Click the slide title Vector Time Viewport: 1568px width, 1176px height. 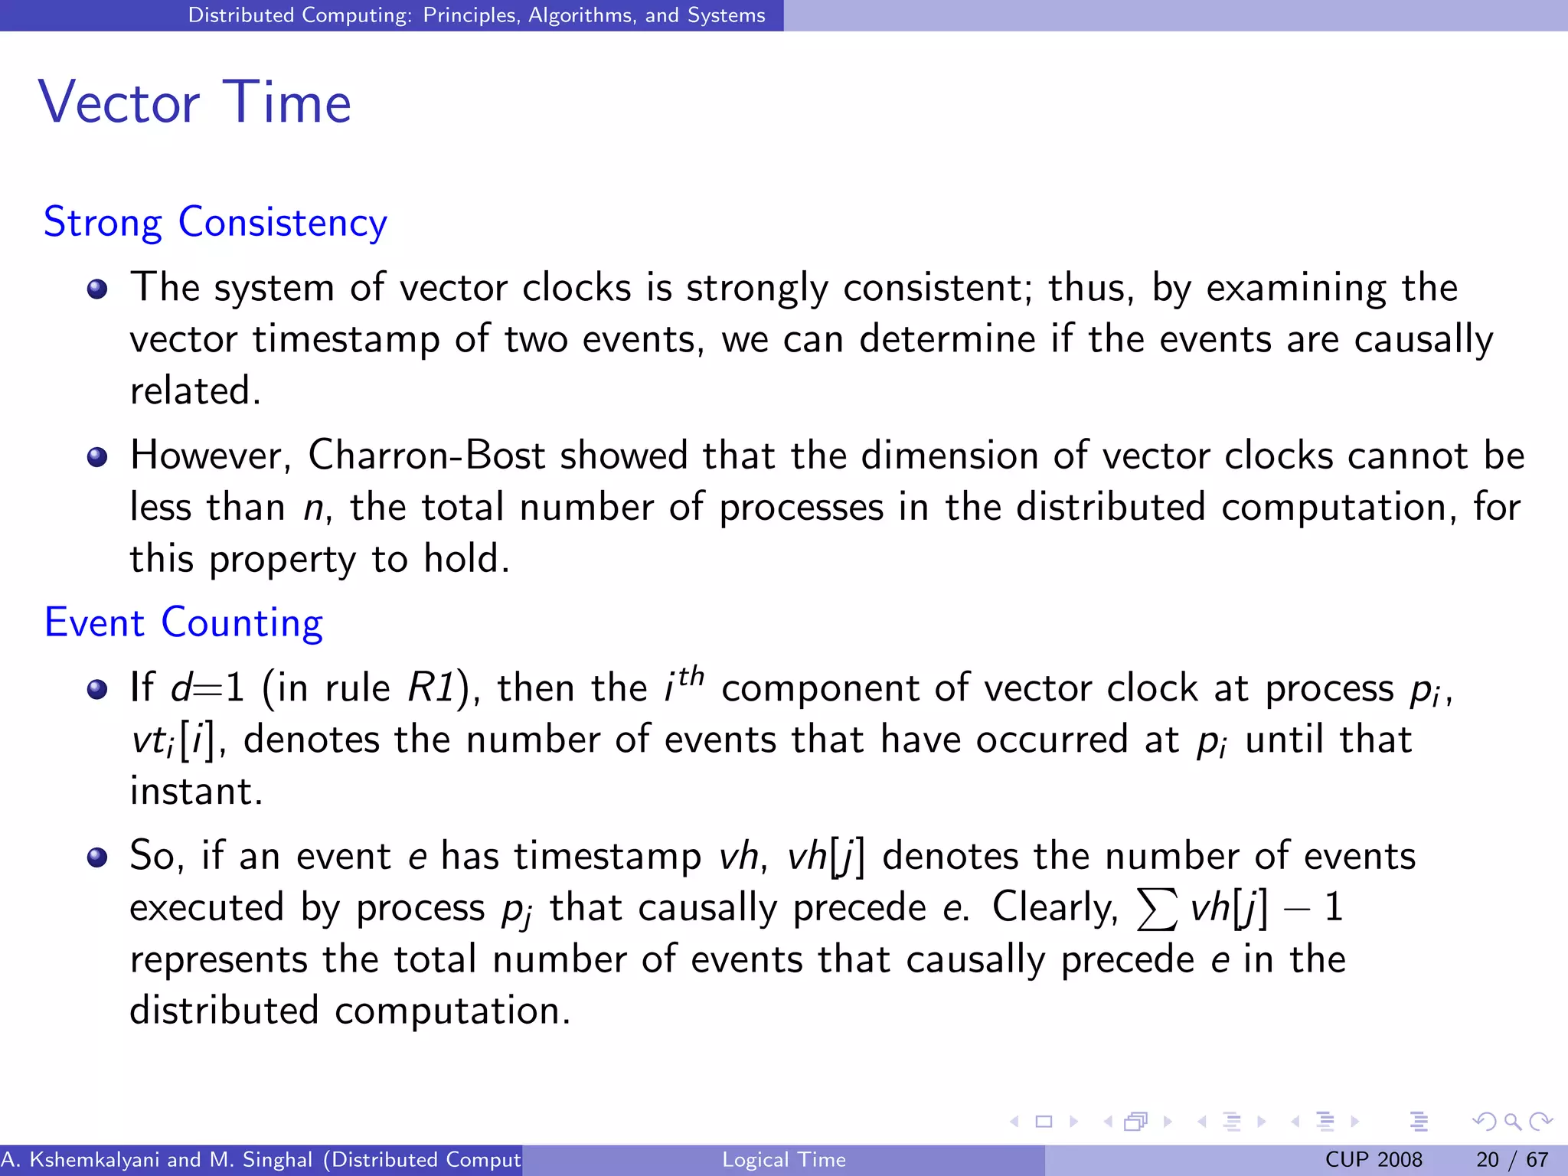(194, 103)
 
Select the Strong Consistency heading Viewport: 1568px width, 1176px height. (215, 223)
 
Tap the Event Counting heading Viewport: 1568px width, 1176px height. (184, 622)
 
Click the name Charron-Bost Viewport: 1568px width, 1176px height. (426, 456)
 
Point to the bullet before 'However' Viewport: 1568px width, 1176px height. (97, 458)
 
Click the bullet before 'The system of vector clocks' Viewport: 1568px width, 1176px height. (97, 289)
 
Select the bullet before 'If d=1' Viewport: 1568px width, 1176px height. (97, 689)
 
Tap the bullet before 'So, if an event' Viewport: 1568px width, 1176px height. (97, 857)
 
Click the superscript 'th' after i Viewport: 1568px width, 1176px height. (691, 675)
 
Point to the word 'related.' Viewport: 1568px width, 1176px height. (195, 390)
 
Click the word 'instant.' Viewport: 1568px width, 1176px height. (196, 791)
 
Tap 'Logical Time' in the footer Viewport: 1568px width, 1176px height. (783, 1160)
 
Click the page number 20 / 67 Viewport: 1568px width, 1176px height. (1511, 1160)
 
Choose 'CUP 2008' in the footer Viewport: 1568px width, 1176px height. (1373, 1160)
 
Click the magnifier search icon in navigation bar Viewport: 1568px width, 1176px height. (1512, 1122)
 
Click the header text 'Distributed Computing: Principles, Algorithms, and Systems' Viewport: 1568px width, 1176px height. (476, 15)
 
